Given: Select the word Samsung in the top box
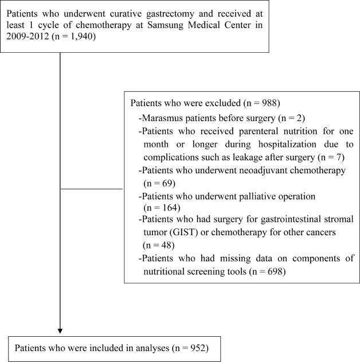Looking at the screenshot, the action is (x=165, y=25).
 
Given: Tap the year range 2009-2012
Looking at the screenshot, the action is (x=28, y=37).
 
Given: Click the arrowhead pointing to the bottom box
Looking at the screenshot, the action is (x=60, y=331).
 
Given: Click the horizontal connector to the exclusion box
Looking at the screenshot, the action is (x=92, y=189).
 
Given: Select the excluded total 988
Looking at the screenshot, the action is (x=269, y=103).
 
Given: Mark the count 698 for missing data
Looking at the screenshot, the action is (x=275, y=271).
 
